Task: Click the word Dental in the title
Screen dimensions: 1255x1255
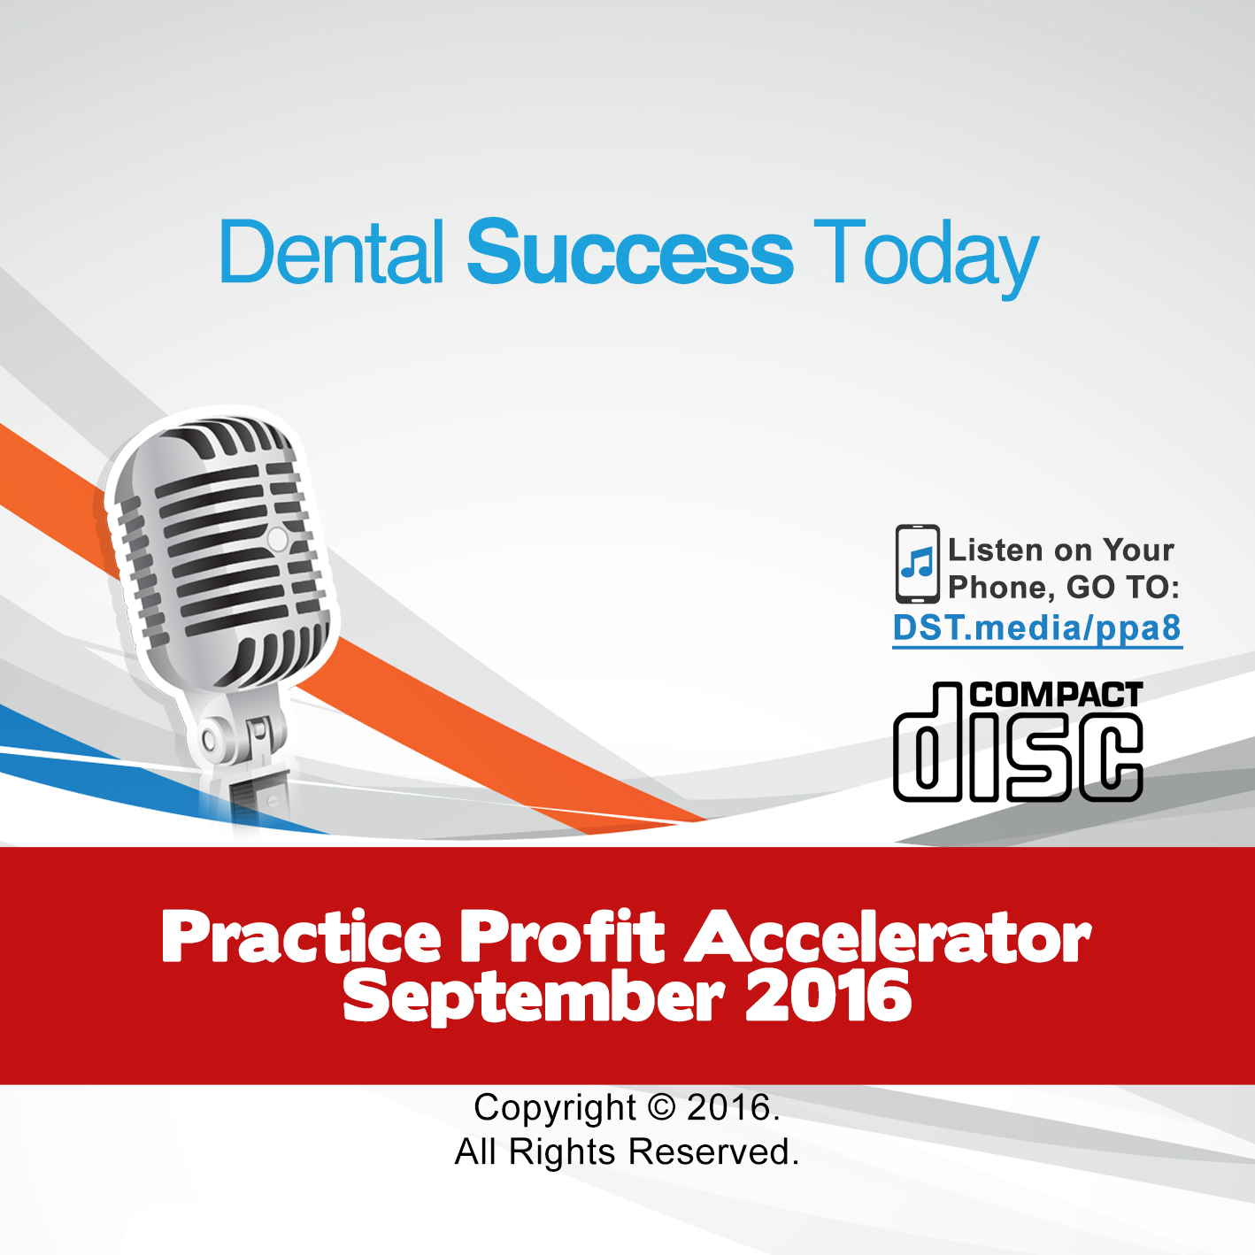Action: click(332, 252)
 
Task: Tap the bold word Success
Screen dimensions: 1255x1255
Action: click(630, 252)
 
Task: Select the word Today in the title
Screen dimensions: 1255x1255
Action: click(926, 258)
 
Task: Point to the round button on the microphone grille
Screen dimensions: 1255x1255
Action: click(277, 539)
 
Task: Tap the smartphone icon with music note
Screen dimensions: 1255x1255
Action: click(917, 564)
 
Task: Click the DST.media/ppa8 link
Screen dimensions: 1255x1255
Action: click(1036, 628)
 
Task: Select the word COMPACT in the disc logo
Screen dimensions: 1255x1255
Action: click(1055, 695)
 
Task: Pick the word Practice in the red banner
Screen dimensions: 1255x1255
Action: click(302, 936)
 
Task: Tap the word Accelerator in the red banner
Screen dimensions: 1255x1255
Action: click(887, 936)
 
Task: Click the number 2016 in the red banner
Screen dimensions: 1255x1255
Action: click(828, 995)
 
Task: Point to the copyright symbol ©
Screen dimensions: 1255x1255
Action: click(662, 1108)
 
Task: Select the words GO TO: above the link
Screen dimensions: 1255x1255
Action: click(1123, 588)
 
